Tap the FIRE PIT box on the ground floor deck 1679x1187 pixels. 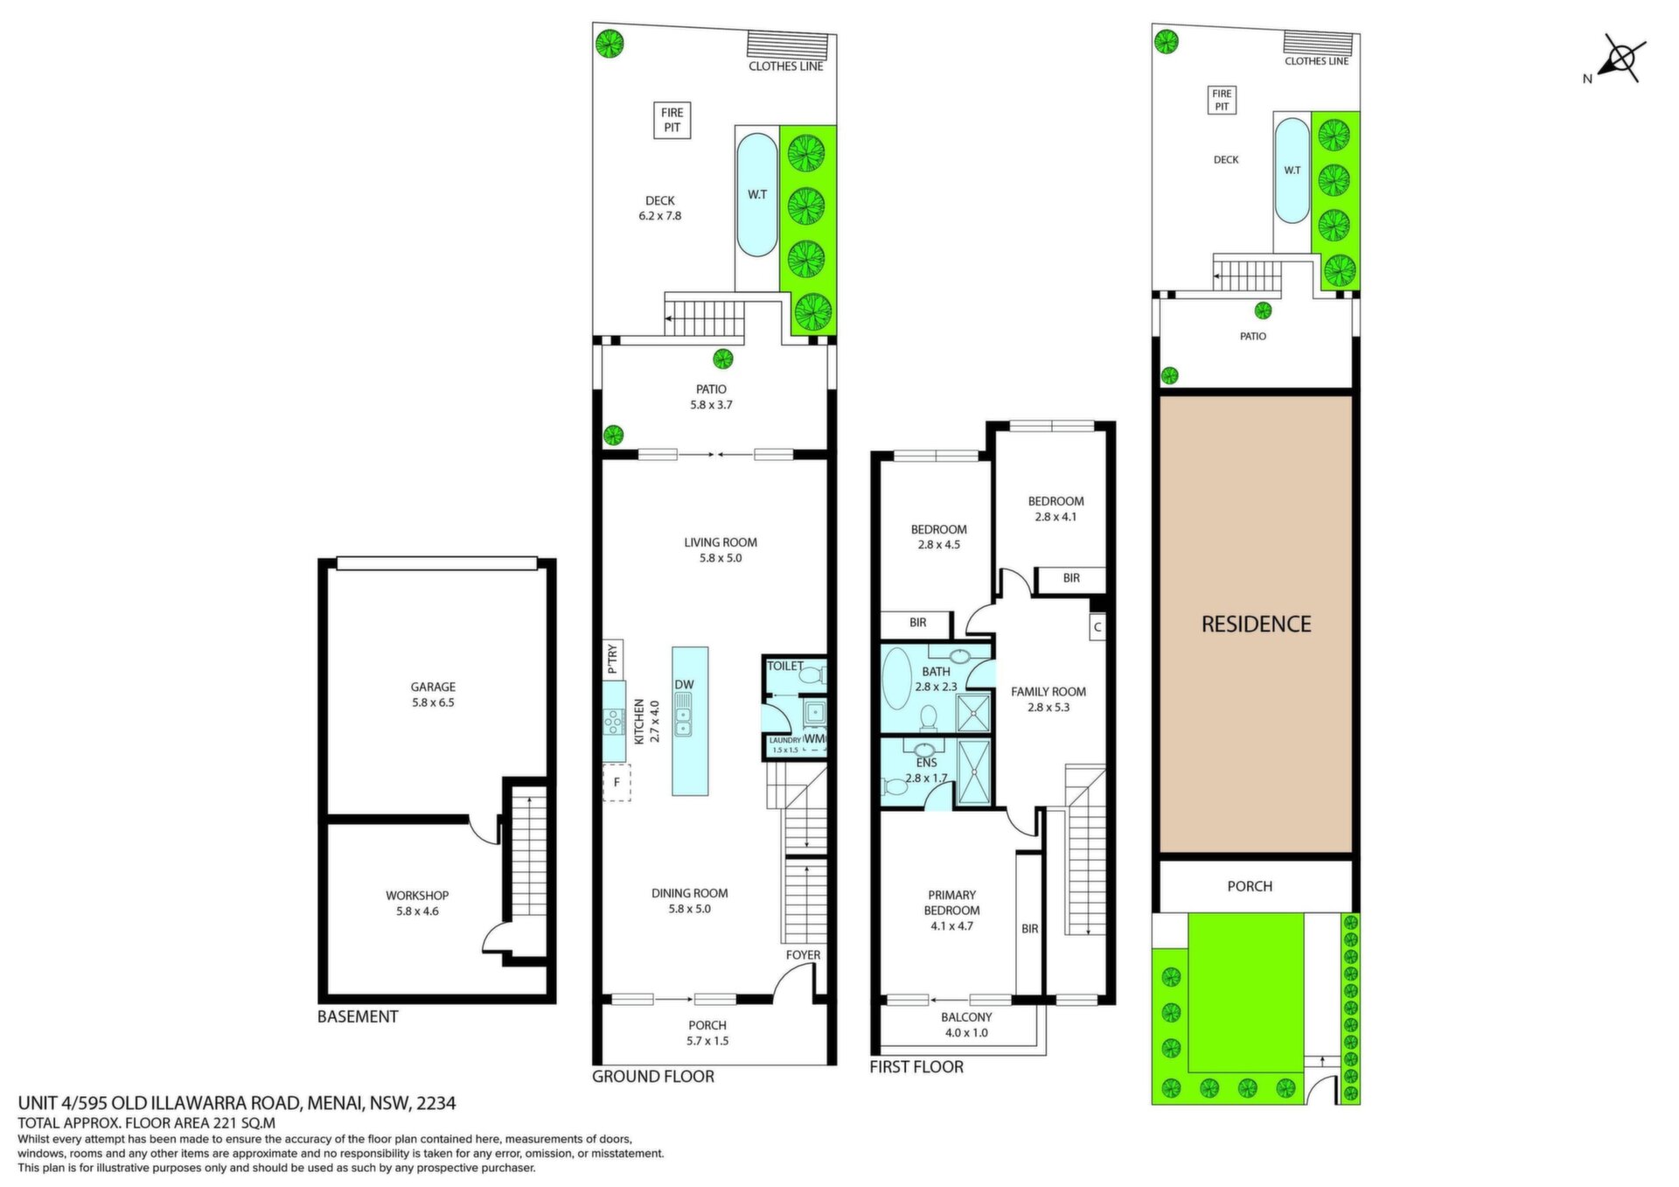click(672, 120)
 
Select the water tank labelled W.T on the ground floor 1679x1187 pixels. click(756, 194)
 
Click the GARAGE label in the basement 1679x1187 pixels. click(434, 687)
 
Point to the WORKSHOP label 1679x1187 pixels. click(417, 895)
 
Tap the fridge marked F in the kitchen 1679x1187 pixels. click(617, 783)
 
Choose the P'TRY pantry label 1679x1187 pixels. click(612, 659)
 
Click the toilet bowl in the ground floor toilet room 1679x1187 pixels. click(812, 676)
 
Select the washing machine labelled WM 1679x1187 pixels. click(814, 739)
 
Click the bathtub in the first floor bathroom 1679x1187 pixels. click(896, 678)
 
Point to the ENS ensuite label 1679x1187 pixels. click(926, 763)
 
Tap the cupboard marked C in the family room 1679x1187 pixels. click(1097, 626)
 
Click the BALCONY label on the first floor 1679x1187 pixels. click(966, 1017)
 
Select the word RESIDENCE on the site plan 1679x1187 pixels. click(1256, 624)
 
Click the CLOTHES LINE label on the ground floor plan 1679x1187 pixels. click(786, 66)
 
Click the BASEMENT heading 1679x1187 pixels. click(358, 1016)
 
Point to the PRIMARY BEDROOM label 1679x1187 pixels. click(951, 903)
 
